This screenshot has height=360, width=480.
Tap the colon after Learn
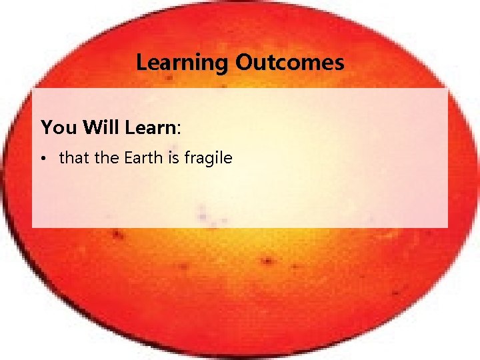pyautogui.click(x=180, y=129)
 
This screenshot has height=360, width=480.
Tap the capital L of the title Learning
pyautogui.click(x=141, y=63)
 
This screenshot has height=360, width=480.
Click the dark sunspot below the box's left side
pyautogui.click(x=118, y=235)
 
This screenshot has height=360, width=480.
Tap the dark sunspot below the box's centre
pyautogui.click(x=269, y=260)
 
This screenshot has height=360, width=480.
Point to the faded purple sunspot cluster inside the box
pyautogui.click(x=212, y=215)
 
